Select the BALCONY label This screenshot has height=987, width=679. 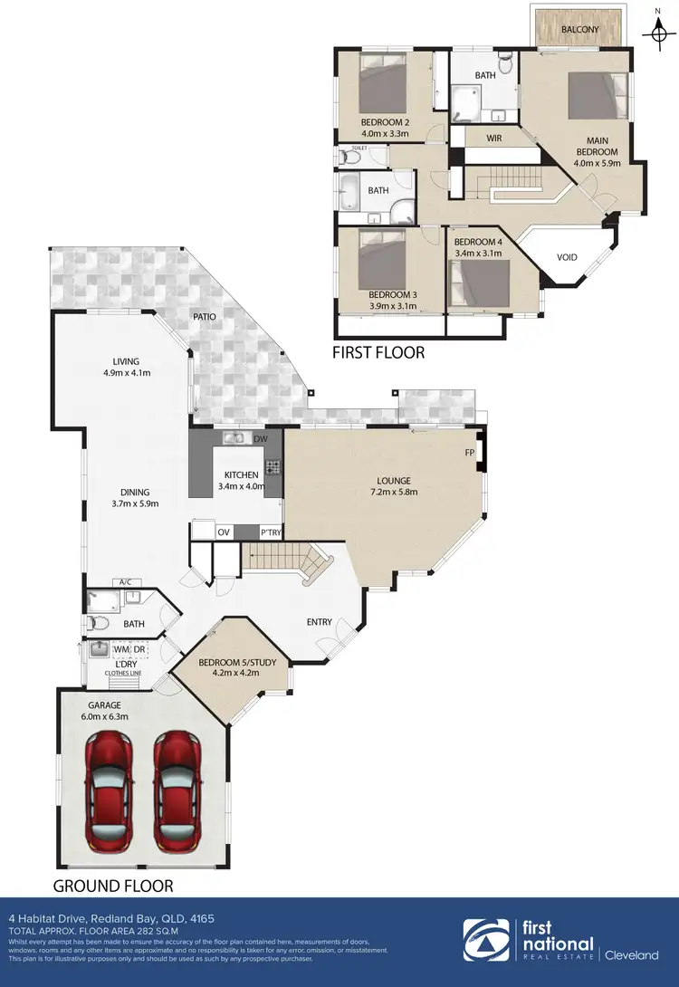(579, 30)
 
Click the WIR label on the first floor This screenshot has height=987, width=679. (494, 139)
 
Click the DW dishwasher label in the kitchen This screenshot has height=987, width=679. (261, 440)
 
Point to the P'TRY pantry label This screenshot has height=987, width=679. (271, 532)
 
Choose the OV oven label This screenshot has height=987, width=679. (224, 532)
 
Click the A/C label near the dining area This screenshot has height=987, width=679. (123, 582)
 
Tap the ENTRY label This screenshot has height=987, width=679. (319, 622)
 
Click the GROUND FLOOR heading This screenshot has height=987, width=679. (112, 885)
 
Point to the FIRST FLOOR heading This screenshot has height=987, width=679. (378, 352)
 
